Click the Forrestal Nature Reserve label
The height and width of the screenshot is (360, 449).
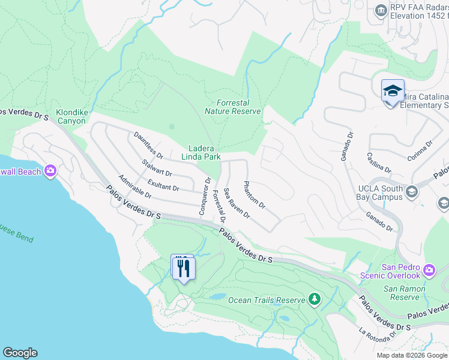point(232,107)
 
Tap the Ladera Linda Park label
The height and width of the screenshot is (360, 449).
point(201,152)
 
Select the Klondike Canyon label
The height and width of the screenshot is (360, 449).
point(71,116)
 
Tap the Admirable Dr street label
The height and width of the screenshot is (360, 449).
point(135,187)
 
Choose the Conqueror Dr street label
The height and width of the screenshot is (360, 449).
point(205,196)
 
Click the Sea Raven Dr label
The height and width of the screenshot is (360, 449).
point(236,203)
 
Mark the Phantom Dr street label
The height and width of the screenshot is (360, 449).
point(254,194)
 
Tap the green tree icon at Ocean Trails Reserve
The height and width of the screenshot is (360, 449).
point(313,298)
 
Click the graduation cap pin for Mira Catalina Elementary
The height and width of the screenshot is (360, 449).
point(393,91)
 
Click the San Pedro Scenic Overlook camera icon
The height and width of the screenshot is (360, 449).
point(429,270)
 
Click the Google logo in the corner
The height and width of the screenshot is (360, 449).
point(20,353)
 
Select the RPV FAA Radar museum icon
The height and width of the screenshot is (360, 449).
point(380,10)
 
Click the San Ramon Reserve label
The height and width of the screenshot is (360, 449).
point(405,293)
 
